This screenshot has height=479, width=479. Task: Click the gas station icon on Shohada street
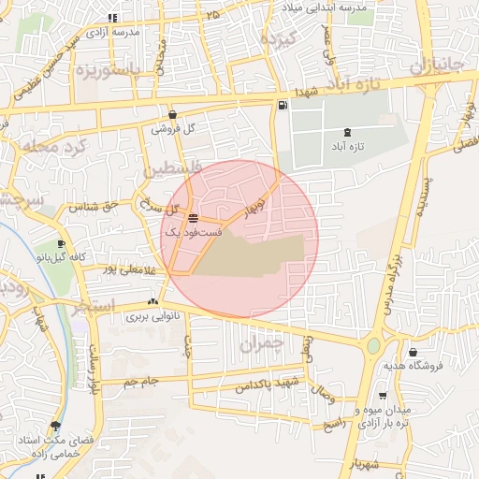[x=283, y=105]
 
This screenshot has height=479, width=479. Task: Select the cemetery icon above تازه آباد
[x=348, y=133]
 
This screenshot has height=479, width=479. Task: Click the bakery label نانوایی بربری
[x=152, y=317]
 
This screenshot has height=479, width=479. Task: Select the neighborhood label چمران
[x=259, y=343]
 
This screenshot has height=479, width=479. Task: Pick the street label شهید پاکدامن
[x=267, y=383]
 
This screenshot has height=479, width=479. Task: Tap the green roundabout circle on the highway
[x=374, y=346]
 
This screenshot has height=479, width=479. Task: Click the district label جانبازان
[x=437, y=65]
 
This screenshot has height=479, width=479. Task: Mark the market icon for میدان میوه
[x=382, y=396]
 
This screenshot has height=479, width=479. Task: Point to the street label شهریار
[x=366, y=463]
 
